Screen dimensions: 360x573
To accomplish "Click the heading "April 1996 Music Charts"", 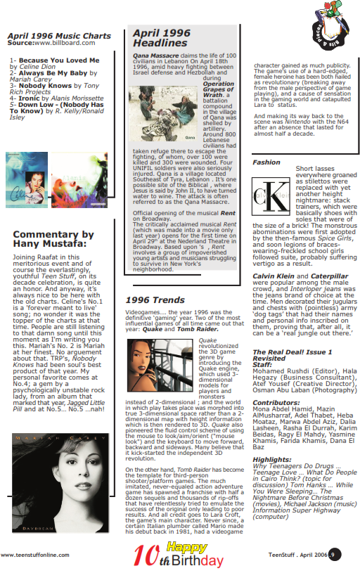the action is click(x=59, y=35).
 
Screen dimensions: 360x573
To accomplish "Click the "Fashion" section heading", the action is click(x=266, y=162).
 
